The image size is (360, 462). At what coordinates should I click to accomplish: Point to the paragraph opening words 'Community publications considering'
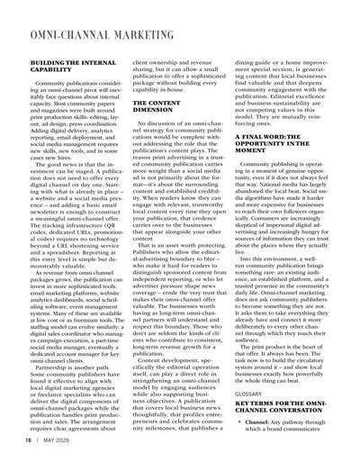[72, 107]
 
